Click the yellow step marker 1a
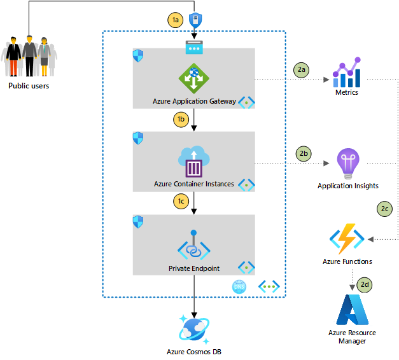176,20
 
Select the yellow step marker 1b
181,120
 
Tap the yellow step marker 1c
181,201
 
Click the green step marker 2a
301,70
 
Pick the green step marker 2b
304,154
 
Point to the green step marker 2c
384,209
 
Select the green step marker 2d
365,284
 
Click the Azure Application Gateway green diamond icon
194,78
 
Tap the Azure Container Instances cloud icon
194,162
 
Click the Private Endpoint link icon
194,245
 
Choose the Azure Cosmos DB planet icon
194,329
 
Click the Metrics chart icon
347,73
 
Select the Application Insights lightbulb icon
348,164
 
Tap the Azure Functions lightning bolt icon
347,239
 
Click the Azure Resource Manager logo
352,310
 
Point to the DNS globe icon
239,287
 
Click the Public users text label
29,86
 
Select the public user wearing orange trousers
13,57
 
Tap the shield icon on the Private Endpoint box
138,222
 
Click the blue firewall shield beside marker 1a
195,20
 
